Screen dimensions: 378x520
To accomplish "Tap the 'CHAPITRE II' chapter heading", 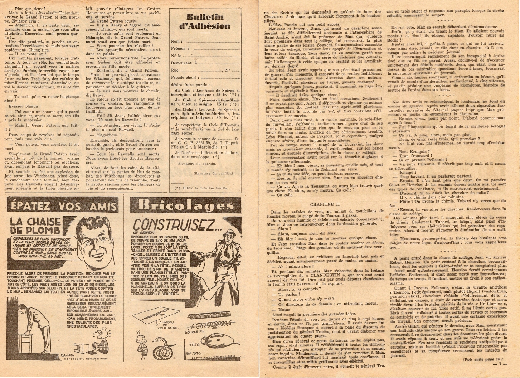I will click(x=325, y=204).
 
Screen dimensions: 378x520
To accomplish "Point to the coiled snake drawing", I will click(x=162, y=349).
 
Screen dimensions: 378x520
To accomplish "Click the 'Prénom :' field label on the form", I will click(x=178, y=49).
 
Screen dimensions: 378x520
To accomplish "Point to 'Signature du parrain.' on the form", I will click(x=193, y=163).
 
